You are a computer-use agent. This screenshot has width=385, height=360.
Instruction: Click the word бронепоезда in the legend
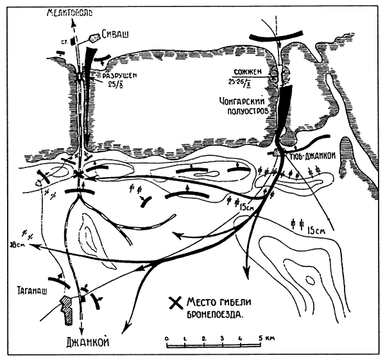pyautogui.click(x=212, y=314)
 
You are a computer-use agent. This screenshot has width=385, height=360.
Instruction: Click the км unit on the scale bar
pyautogui.click(x=269, y=337)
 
